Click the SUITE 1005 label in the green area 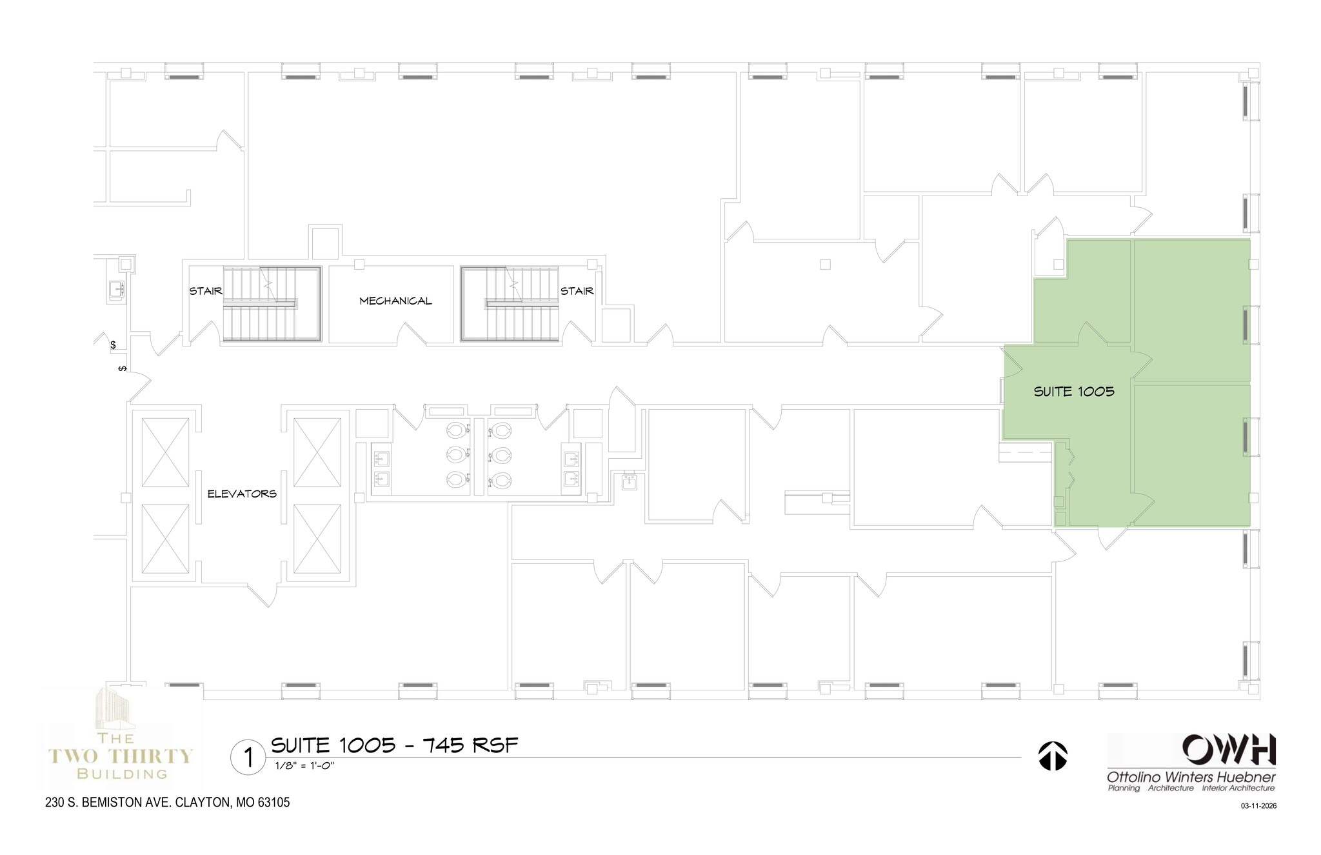(1074, 391)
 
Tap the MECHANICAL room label (395, 301)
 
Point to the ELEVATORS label (242, 494)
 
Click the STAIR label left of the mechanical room (206, 291)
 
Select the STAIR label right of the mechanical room (577, 291)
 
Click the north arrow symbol (1052, 756)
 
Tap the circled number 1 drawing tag (248, 757)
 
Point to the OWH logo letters (1228, 750)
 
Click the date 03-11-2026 (1258, 805)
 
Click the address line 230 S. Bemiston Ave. (168, 803)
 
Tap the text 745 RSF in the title (470, 745)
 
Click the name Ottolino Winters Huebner (1191, 777)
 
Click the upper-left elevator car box (165, 452)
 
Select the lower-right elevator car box (317, 538)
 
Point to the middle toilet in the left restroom (456, 454)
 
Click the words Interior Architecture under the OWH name (1238, 788)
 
